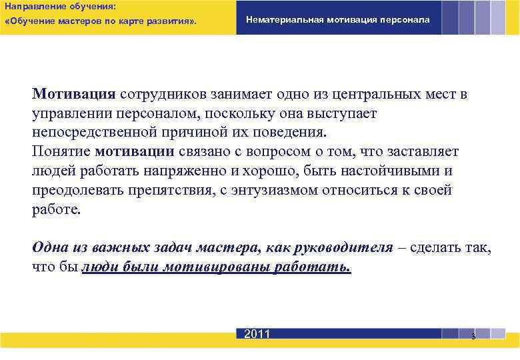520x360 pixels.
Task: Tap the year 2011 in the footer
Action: point(257,334)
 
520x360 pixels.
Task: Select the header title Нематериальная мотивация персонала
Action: point(338,20)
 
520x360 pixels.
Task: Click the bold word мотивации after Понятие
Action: point(135,151)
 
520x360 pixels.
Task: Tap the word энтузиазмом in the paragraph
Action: point(278,190)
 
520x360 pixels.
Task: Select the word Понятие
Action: point(61,151)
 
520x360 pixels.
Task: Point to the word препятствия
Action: point(164,190)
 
